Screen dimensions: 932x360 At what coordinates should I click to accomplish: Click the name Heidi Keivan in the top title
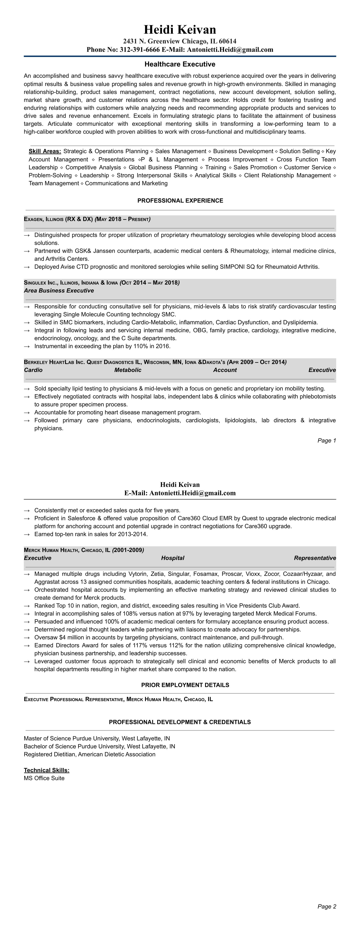pos(180,30)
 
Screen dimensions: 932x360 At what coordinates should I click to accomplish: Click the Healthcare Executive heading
pos(180,64)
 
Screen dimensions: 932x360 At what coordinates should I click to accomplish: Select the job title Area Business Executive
pos(59,291)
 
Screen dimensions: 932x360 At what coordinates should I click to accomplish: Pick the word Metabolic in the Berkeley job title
pos(128,370)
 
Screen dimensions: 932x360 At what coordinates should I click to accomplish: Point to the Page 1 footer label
pos(327,441)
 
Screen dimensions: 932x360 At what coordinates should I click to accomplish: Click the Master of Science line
pos(97,738)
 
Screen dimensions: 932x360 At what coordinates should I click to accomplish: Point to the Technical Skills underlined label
pos(47,770)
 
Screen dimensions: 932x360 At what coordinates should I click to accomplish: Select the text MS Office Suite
pos(44,778)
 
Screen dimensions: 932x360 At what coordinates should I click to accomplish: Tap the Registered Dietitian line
pos(89,754)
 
